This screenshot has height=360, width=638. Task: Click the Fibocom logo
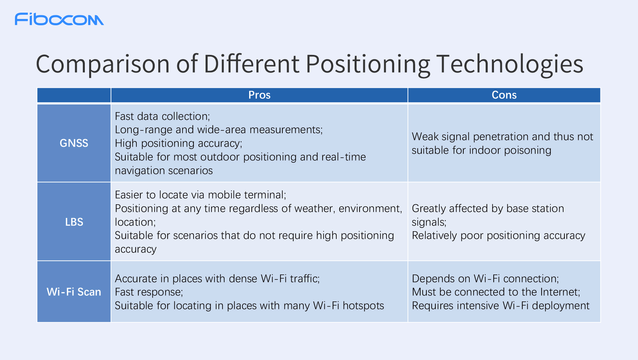[x=59, y=19]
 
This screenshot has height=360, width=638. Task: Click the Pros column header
[x=259, y=95]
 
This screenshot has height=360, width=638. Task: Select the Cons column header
[x=504, y=95]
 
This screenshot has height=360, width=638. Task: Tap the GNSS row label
[x=74, y=143]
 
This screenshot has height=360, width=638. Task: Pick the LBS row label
[x=74, y=222]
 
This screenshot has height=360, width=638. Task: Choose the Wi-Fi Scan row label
[x=74, y=292]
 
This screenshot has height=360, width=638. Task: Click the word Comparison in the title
[x=103, y=65]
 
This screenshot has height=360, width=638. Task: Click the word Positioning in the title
[x=368, y=65]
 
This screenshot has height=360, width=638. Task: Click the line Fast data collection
[x=162, y=116]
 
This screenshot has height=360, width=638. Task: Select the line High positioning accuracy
[x=179, y=143]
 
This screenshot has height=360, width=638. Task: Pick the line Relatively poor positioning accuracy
[x=498, y=236]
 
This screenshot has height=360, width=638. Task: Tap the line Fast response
[x=149, y=292]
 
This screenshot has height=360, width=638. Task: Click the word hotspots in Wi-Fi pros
[x=363, y=306]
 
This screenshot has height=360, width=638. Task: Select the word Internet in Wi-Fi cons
[x=560, y=292]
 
